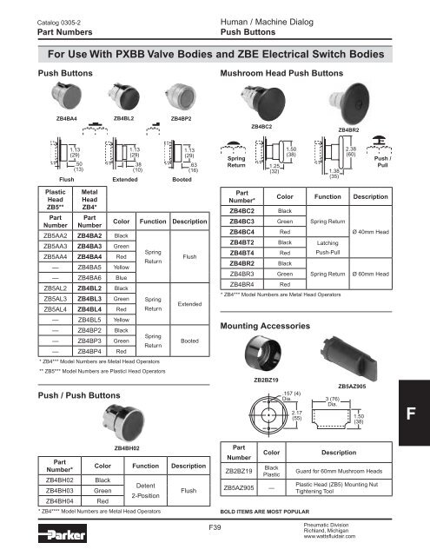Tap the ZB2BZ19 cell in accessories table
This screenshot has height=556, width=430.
pos(243,471)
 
